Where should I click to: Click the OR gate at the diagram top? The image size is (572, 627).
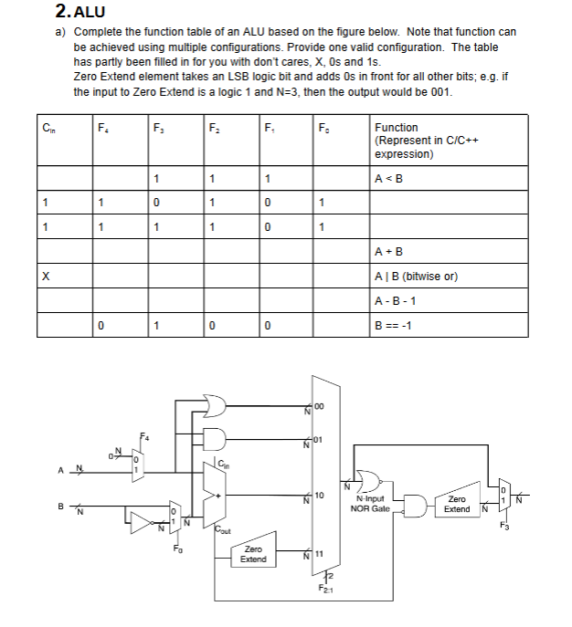[x=217, y=403]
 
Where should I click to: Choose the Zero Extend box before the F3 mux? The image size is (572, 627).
[x=456, y=504]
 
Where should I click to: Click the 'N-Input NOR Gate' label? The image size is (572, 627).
[x=372, y=504]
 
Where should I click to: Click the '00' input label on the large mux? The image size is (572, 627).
[x=320, y=408]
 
